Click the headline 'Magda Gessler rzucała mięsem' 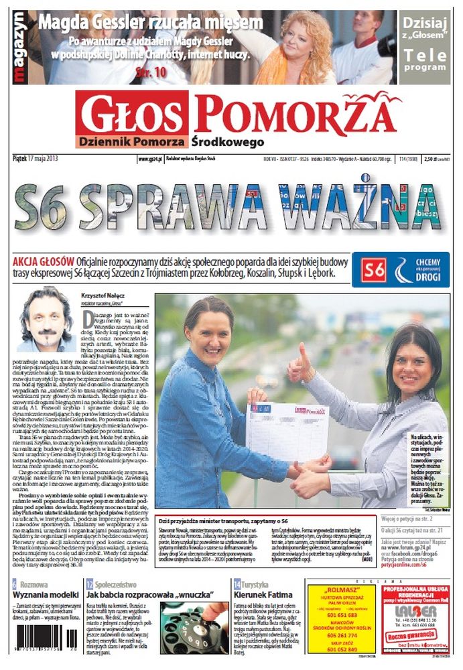click(x=150, y=23)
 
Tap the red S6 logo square click(x=373, y=270)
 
